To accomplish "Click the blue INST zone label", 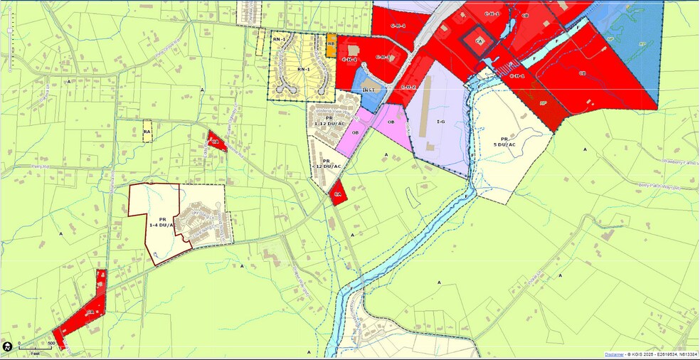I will pyautogui.click(x=368, y=90).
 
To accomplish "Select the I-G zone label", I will pyautogui.click(x=440, y=122).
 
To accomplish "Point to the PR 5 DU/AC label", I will pyautogui.click(x=504, y=142).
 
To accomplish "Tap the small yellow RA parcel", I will pyautogui.click(x=147, y=132).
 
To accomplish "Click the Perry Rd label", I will pyautogui.click(x=28, y=166).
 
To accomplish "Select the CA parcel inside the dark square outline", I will pyautogui.click(x=479, y=42).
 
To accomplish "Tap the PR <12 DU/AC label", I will pyautogui.click(x=327, y=164).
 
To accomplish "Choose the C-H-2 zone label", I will pyautogui.click(x=408, y=87).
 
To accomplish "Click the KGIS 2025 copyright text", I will pyautogui.click(x=643, y=354).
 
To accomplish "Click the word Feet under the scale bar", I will pyautogui.click(x=35, y=353).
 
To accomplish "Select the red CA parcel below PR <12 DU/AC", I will pyautogui.click(x=338, y=194).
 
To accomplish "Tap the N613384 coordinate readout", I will pyautogui.click(x=684, y=354).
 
